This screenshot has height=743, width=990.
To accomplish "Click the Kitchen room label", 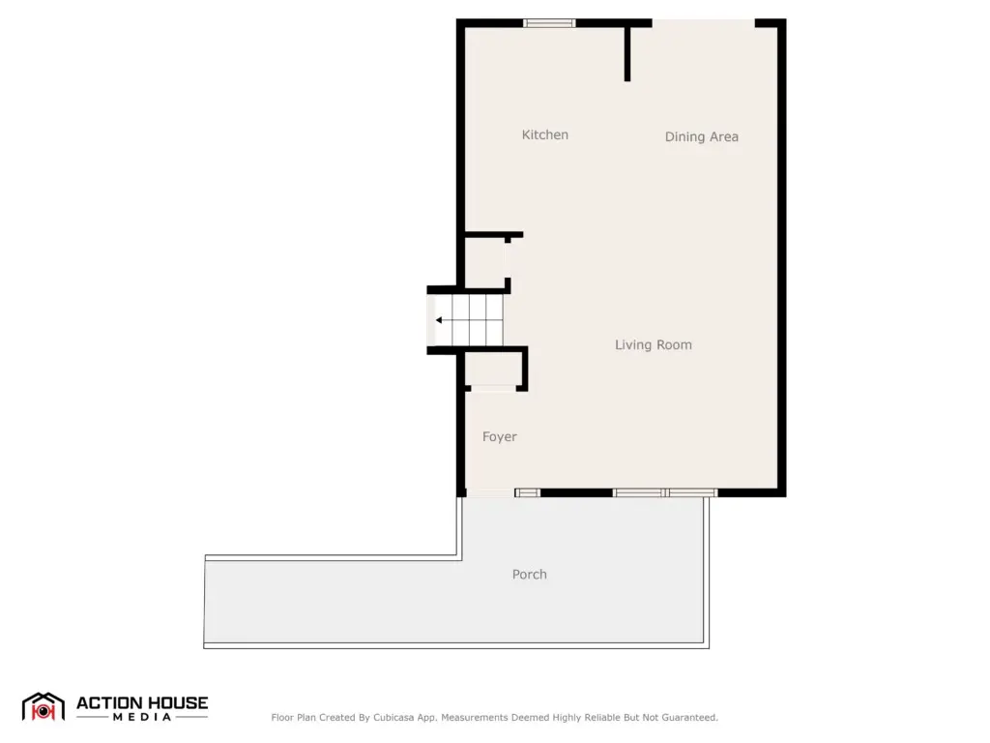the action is pos(545,134).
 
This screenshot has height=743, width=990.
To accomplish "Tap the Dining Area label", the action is pos(702,136).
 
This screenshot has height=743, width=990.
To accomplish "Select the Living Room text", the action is pos(654,344).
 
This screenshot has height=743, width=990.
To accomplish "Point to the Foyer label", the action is pos(500,436).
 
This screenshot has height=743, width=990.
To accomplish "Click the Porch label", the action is pos(529,575).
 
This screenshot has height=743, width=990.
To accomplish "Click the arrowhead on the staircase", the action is pos(439,320).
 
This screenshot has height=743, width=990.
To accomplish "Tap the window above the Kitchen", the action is pos(549,23).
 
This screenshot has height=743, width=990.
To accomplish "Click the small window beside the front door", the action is pos(527,492).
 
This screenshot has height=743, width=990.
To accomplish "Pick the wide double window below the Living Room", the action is pos(665,492).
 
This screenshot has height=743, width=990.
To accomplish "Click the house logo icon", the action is pos(43,707).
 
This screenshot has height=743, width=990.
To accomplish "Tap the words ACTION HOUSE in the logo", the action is pos(142,702).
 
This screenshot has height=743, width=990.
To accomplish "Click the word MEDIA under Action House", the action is pos(142,717).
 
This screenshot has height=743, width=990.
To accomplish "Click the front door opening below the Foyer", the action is pos(490,492).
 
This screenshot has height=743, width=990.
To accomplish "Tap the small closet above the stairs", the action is pos(485,261).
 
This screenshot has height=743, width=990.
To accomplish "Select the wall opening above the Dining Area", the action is pos(704,23).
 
